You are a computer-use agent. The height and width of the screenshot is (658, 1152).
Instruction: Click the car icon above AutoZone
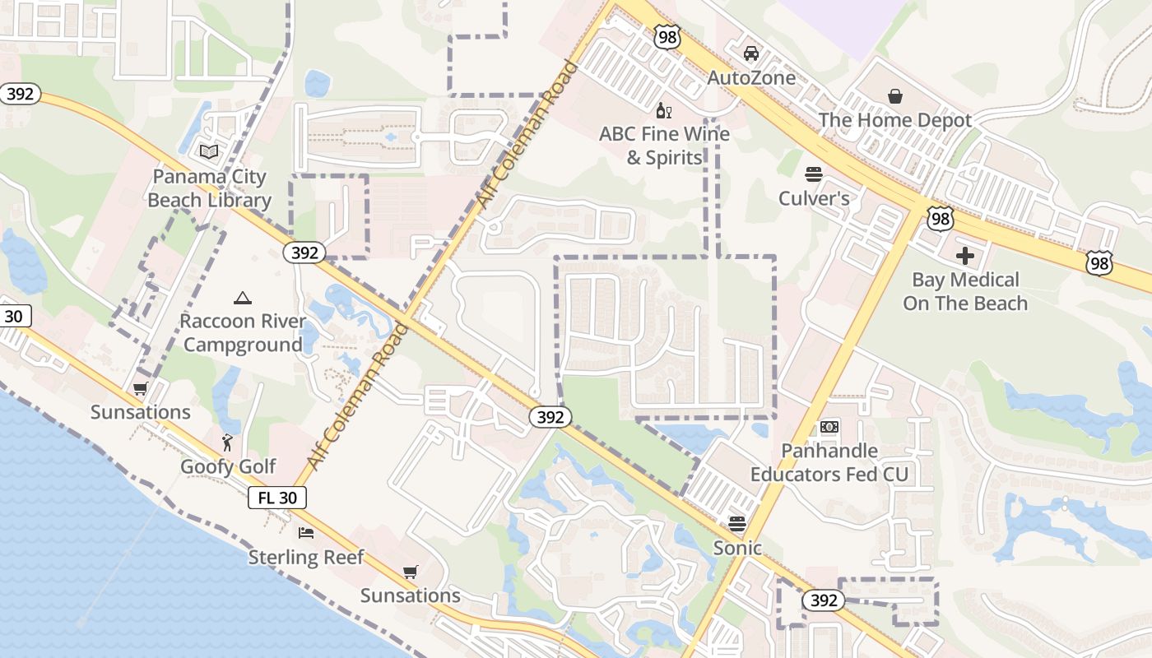750,53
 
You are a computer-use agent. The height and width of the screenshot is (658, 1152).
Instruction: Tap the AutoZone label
752,78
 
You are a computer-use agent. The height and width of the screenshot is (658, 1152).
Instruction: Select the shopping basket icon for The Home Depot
895,96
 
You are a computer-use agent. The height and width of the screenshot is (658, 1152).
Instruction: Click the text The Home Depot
895,120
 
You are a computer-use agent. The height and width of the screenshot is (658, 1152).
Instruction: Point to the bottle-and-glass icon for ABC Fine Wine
663,110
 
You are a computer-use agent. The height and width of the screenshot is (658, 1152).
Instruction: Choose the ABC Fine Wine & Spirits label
664,146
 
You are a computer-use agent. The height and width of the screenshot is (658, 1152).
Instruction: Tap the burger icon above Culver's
814,174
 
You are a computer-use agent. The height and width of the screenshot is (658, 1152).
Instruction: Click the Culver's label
814,198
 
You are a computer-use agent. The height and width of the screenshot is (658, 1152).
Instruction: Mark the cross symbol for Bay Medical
965,256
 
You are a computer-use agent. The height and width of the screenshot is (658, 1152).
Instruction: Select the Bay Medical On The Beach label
965,291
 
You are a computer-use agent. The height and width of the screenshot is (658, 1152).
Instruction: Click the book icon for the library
209,152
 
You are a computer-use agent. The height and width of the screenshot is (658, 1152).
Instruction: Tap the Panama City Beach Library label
209,188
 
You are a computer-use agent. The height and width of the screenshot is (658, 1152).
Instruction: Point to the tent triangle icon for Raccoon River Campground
242,298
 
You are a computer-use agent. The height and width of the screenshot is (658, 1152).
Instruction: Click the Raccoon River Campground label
242,332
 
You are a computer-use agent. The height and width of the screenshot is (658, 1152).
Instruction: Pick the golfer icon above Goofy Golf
228,443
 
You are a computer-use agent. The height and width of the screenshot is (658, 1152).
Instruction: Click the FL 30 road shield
277,498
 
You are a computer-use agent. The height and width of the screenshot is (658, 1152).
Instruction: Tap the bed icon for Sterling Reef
306,533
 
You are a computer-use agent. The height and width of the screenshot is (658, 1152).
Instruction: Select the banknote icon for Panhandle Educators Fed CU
829,427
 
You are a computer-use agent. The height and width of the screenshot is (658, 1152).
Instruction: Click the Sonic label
737,548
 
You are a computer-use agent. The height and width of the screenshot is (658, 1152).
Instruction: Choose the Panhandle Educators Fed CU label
829,462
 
